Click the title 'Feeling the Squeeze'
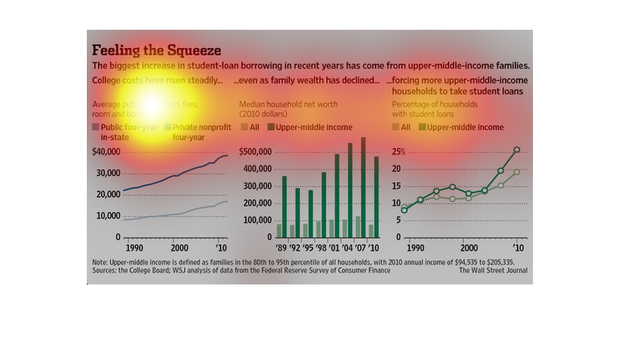tap(157, 49)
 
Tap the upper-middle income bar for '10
tap(376, 197)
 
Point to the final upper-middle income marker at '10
tap(517, 149)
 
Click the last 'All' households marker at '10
tap(517, 172)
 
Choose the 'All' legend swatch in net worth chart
tap(245, 127)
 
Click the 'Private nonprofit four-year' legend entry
tap(197, 132)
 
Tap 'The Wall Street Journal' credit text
tap(494, 271)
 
